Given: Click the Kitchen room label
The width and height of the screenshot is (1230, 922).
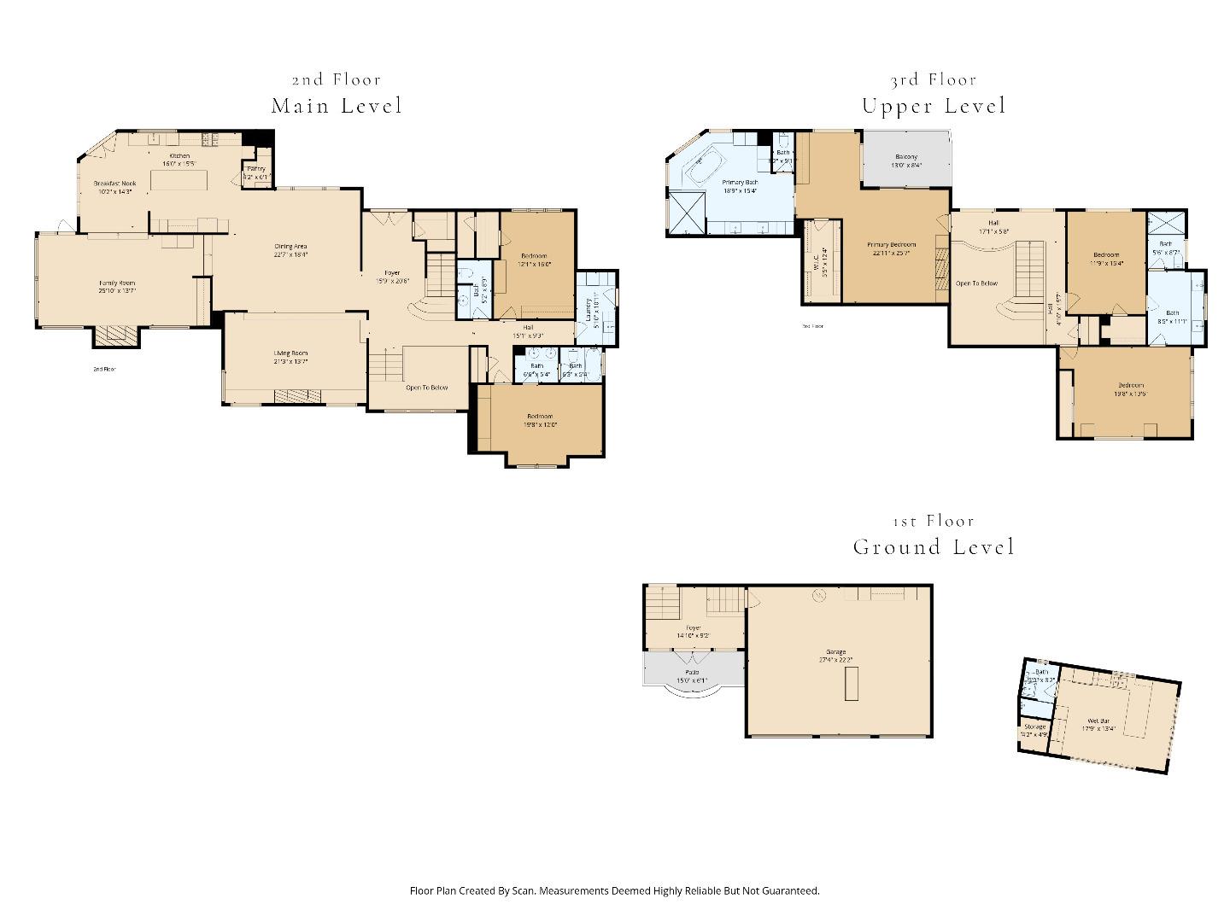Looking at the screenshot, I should [179, 156].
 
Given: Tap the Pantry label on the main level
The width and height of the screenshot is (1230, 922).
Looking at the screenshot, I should [256, 169].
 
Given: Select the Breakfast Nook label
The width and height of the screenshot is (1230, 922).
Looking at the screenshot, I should [115, 184].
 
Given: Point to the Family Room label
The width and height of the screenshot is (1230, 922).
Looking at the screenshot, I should [117, 283].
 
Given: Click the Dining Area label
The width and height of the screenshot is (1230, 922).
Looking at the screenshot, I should [290, 247].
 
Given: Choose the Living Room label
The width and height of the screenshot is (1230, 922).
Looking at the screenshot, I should [290, 353].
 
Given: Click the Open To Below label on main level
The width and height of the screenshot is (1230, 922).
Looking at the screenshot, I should [426, 388].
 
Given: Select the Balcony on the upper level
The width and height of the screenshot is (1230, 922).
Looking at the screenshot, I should [906, 157].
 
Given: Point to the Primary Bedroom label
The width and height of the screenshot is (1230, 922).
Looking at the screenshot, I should [893, 245].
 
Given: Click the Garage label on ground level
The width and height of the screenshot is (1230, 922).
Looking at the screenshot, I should [835, 652].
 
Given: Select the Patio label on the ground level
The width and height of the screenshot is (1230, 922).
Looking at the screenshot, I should [692, 673].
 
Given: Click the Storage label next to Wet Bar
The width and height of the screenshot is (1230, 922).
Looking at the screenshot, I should [1034, 727].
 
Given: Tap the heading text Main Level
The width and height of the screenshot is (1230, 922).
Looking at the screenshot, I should [337, 106].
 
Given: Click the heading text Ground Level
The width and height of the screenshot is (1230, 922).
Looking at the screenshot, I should [934, 547].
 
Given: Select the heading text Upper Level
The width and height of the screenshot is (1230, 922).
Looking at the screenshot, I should [934, 106].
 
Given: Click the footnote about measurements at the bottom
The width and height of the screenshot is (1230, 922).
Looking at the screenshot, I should [614, 890].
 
